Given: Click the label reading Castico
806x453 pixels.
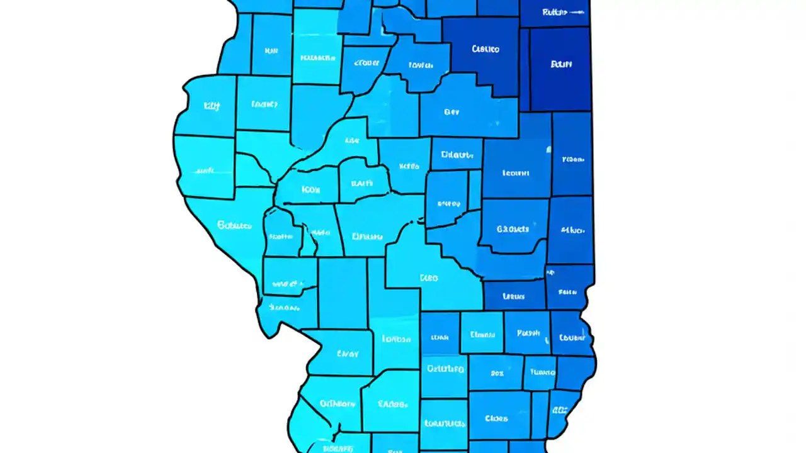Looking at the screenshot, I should (485, 48).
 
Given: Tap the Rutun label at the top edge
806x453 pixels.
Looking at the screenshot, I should (554, 12).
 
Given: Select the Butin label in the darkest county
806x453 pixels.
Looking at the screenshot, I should (560, 64).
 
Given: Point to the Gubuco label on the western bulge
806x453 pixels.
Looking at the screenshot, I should (234, 225).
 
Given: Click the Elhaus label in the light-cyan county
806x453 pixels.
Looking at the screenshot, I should (367, 237).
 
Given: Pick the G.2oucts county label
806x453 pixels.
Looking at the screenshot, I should (513, 229).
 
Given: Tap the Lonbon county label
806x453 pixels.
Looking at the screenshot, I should (396, 339).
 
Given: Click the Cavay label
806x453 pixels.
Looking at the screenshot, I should (347, 354).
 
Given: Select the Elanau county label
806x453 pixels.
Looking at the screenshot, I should (482, 335).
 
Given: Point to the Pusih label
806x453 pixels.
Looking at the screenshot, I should (528, 333).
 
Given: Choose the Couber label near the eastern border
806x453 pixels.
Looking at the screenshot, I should (572, 337).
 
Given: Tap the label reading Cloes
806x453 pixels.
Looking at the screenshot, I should (497, 418).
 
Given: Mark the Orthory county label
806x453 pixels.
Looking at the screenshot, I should (337, 403).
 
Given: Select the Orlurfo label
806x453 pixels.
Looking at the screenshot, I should (445, 369).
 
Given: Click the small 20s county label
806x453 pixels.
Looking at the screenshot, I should (497, 373).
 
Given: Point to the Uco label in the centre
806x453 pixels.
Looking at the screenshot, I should (428, 277).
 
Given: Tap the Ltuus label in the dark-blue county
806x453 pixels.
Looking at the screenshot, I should (513, 296).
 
